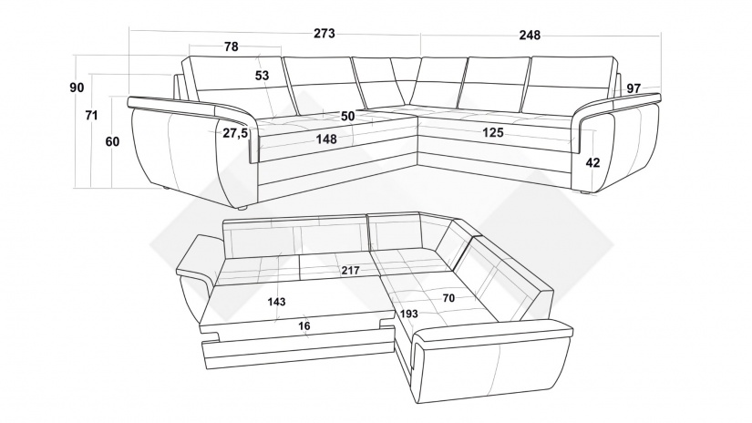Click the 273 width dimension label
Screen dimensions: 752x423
(x=324, y=34)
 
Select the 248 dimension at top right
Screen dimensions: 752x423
(x=530, y=35)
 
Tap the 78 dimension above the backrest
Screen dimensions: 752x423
(x=231, y=46)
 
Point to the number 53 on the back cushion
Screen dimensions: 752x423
(x=262, y=76)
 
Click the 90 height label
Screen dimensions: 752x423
(x=77, y=88)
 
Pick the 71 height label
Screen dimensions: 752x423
(x=91, y=116)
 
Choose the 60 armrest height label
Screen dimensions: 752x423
(x=112, y=142)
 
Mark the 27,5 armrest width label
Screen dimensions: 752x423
(x=235, y=133)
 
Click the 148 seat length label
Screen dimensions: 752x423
(x=326, y=139)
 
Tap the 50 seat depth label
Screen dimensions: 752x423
(x=348, y=116)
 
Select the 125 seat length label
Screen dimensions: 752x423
(x=493, y=132)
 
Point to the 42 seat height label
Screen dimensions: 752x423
(x=592, y=162)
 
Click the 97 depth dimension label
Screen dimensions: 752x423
(x=634, y=88)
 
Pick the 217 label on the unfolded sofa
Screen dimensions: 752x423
(x=351, y=271)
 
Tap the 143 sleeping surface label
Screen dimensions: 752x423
(x=277, y=302)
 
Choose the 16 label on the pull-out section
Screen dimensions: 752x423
(x=304, y=326)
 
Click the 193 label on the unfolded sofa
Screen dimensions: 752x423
(x=408, y=315)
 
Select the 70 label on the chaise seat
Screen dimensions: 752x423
(x=448, y=298)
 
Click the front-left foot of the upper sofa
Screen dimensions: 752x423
(x=242, y=208)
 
